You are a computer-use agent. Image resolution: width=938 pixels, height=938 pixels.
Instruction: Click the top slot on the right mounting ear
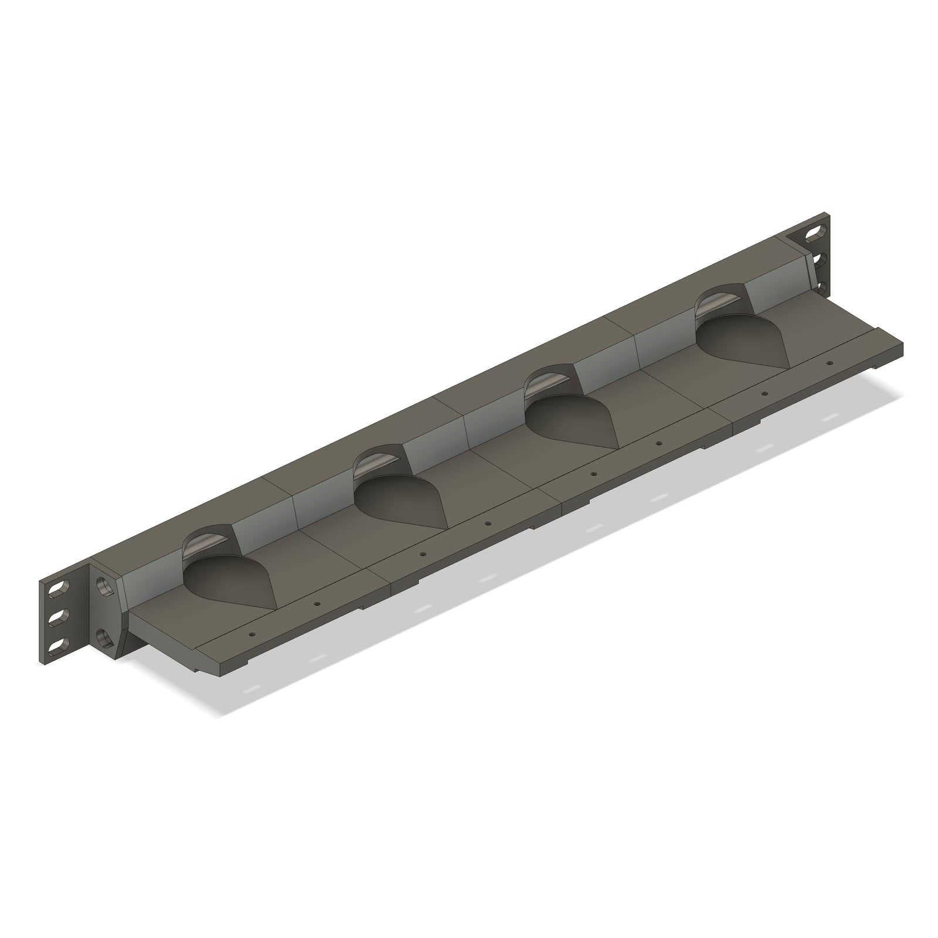(813, 235)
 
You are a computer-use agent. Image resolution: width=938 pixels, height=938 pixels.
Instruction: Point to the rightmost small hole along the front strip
(829, 363)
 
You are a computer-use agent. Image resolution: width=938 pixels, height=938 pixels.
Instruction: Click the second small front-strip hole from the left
(317, 603)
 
